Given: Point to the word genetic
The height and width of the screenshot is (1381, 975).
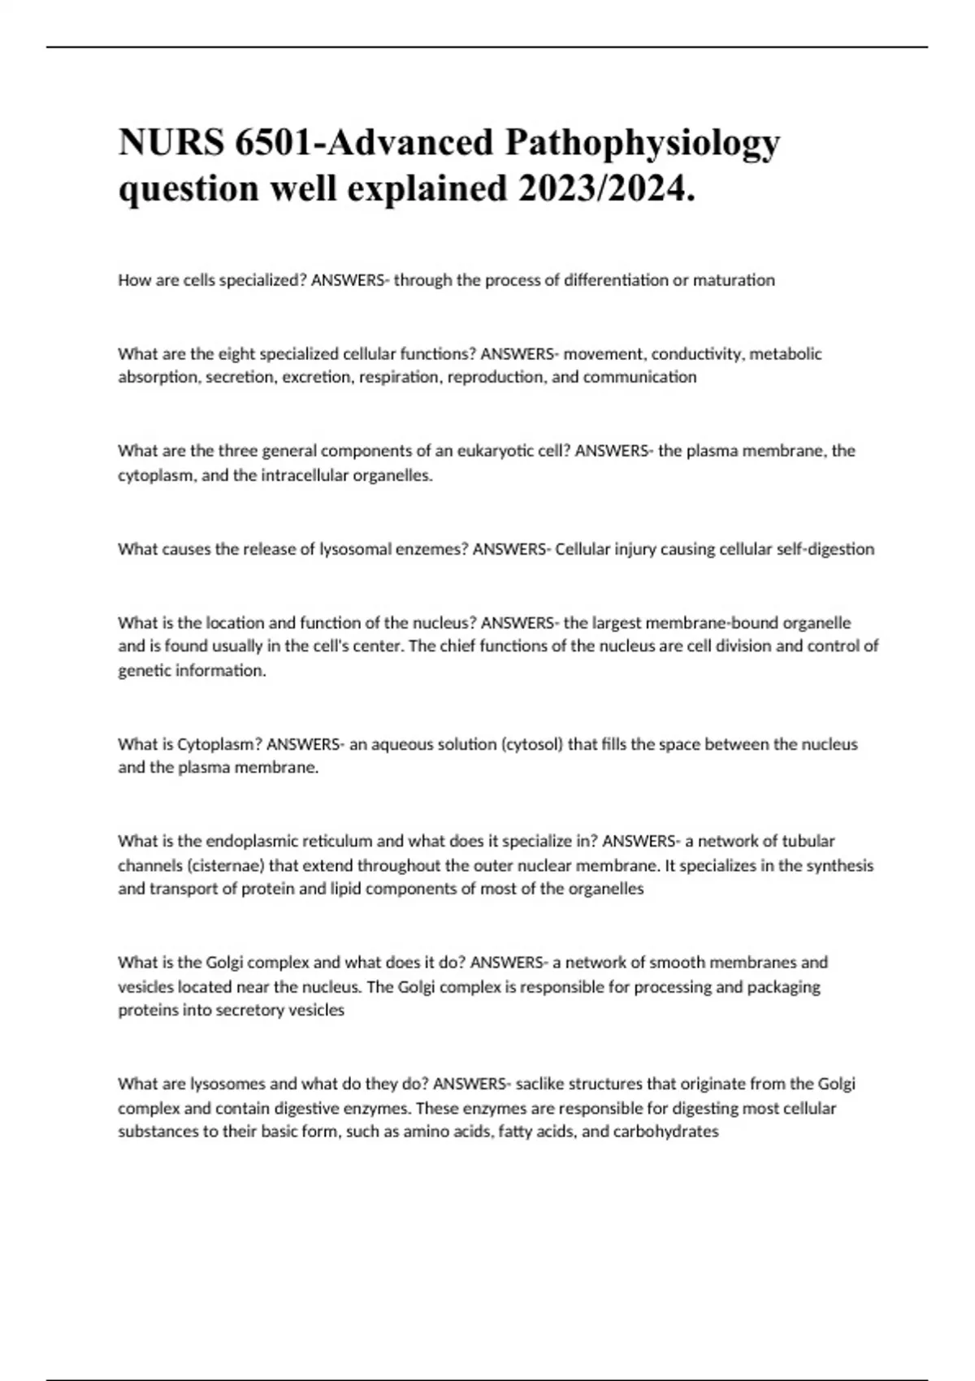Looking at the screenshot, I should [x=143, y=671].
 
